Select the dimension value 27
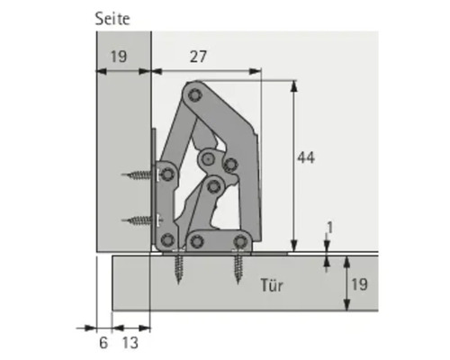click(x=198, y=57)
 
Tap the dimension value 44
click(x=306, y=157)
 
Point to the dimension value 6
click(x=103, y=342)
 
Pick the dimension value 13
click(x=130, y=342)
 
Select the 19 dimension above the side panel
click(x=118, y=57)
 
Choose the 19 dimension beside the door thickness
click(x=358, y=284)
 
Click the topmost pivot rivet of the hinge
click(x=192, y=93)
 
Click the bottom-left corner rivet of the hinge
click(x=166, y=239)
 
